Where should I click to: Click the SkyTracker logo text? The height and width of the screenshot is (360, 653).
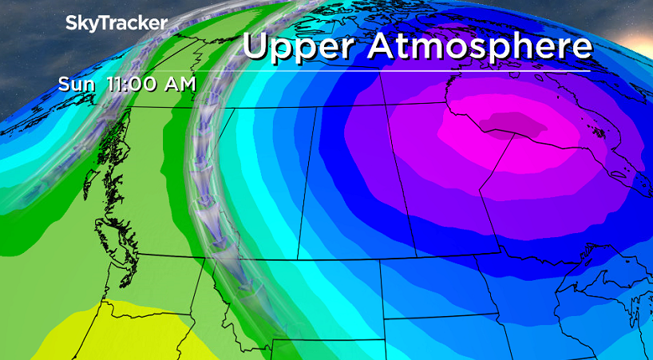[x=116, y=23]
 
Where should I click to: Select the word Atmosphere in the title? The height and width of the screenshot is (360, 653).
[x=481, y=45]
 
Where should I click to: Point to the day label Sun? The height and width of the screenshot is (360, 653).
[x=77, y=83]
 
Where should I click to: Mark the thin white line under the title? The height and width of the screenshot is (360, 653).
[x=415, y=71]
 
